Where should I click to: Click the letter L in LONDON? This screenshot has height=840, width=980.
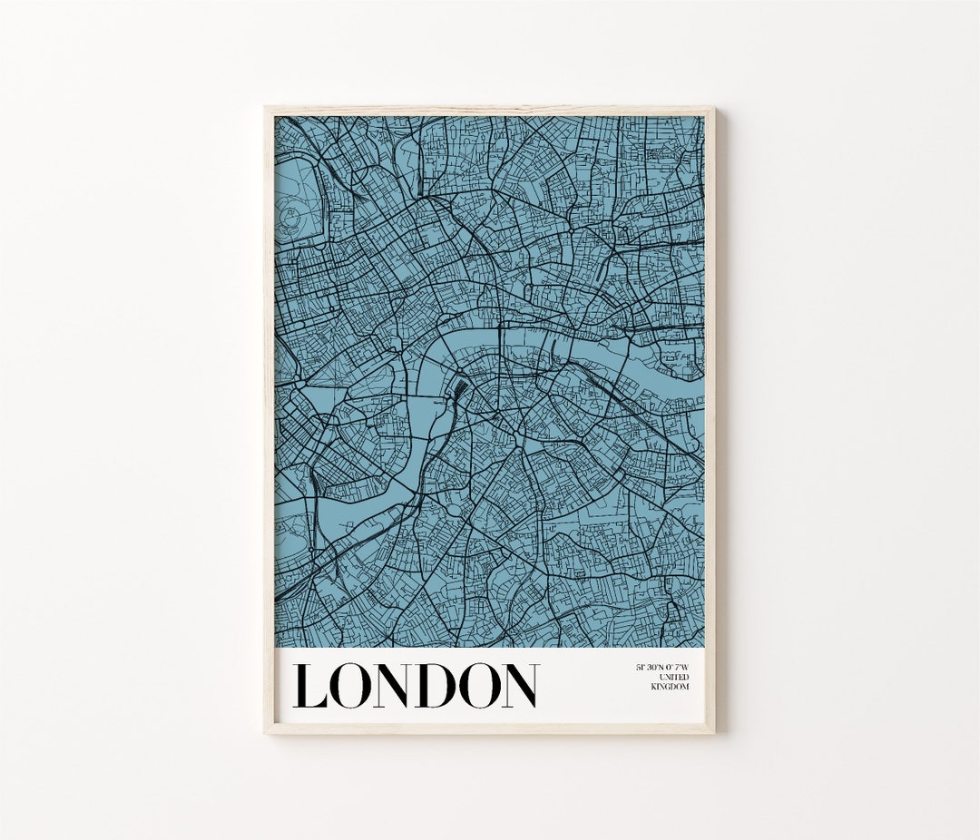pyautogui.click(x=309, y=686)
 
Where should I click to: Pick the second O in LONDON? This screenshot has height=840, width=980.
pyautogui.click(x=475, y=686)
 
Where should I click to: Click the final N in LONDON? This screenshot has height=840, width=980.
pyautogui.click(x=517, y=686)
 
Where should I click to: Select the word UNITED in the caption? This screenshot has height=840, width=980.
pyautogui.click(x=675, y=677)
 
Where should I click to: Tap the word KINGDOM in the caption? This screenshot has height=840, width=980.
pyautogui.click(x=670, y=687)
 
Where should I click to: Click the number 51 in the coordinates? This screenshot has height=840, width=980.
pyautogui.click(x=640, y=668)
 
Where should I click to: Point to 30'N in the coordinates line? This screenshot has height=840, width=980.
pyautogui.click(x=655, y=668)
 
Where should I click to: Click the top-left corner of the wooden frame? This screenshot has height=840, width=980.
pyautogui.click(x=266, y=108)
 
